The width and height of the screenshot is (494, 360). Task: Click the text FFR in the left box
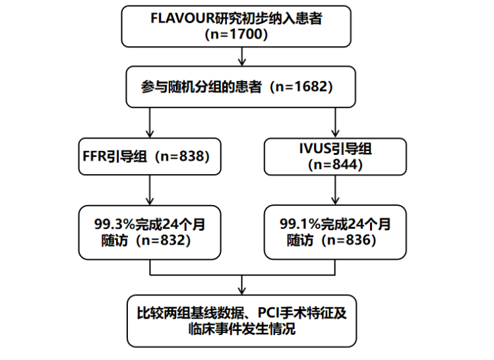pyautogui.click(x=93, y=156)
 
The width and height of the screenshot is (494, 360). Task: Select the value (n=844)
pyautogui.click(x=336, y=164)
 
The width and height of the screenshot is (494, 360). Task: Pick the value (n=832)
pyautogui.click(x=162, y=241)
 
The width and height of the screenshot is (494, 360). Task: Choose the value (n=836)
pyautogui.click(x=347, y=241)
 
